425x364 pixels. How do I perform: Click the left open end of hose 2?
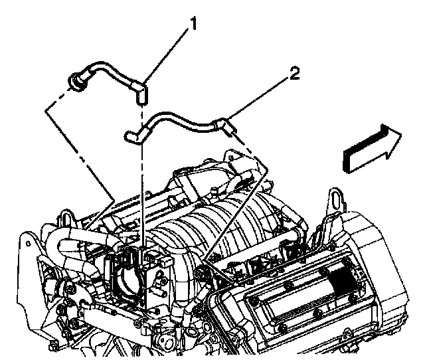(x=130, y=137)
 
